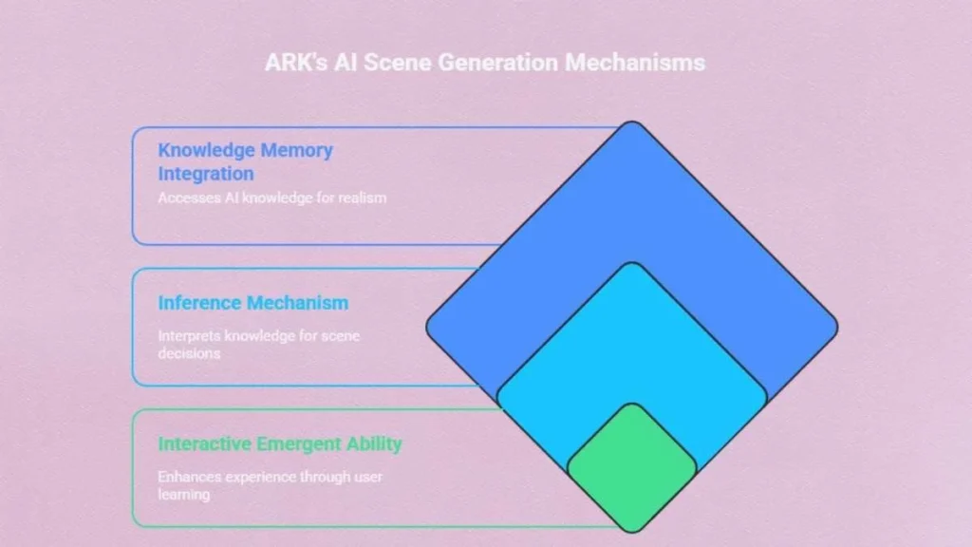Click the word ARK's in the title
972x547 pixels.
(296, 62)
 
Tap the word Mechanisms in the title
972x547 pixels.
(635, 62)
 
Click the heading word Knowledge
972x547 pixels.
(206, 151)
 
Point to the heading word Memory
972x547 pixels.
(297, 151)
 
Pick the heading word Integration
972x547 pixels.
(206, 174)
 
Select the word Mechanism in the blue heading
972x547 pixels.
(297, 303)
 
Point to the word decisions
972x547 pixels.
(189, 353)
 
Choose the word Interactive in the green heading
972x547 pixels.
(205, 444)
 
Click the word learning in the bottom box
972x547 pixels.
(183, 495)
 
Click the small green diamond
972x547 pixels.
(632, 467)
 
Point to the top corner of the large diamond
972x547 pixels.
(631, 122)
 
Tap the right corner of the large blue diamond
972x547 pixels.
(837, 327)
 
